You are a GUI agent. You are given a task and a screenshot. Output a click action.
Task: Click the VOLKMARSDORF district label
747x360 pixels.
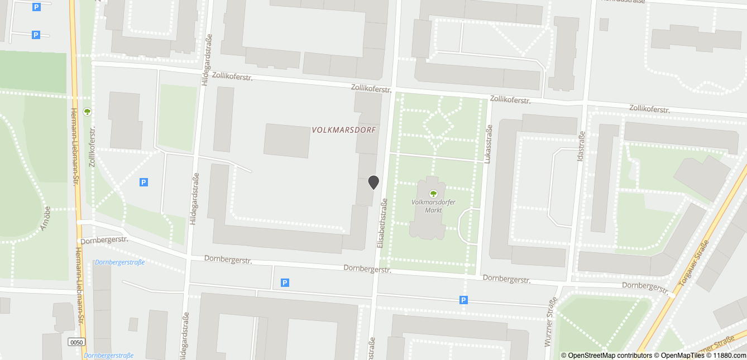[344, 130]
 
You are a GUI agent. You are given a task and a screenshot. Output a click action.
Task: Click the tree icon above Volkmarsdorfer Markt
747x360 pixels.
[433, 194]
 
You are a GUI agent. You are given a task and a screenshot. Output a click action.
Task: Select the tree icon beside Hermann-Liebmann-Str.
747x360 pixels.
[87, 112]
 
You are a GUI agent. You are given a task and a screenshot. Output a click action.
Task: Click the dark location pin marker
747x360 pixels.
[373, 182]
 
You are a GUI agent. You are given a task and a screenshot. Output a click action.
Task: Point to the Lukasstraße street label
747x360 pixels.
[489, 144]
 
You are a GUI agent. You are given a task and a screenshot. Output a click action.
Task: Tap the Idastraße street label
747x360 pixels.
[581, 146]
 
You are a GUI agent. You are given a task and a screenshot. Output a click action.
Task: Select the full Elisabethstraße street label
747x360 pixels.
[383, 223]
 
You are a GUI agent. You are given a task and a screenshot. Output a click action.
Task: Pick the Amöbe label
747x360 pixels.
[46, 217]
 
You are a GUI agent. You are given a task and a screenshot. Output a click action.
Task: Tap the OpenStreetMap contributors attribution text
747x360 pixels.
[606, 355]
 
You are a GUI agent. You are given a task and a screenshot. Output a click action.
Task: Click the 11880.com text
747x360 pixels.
[729, 355]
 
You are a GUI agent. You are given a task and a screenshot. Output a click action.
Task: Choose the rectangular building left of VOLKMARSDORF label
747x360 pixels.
[286, 141]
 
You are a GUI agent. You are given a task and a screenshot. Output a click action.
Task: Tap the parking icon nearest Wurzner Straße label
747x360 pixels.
[463, 300]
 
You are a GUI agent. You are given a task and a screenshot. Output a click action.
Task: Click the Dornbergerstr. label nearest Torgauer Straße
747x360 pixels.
[644, 287]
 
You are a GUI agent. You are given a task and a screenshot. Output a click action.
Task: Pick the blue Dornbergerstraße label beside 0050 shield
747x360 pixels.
[108, 356]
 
